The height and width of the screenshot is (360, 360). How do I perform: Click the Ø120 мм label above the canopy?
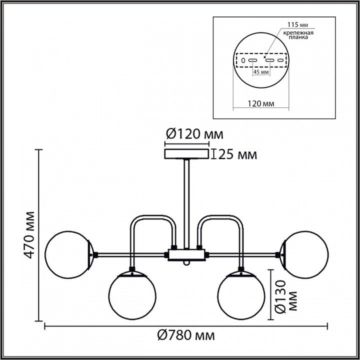click(193, 134)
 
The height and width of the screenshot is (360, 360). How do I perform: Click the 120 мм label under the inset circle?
click(260, 104)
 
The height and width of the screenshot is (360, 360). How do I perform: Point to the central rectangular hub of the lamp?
click(186, 255)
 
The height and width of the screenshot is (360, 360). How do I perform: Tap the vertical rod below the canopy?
click(186, 200)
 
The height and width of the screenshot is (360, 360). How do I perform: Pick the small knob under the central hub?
click(186, 263)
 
